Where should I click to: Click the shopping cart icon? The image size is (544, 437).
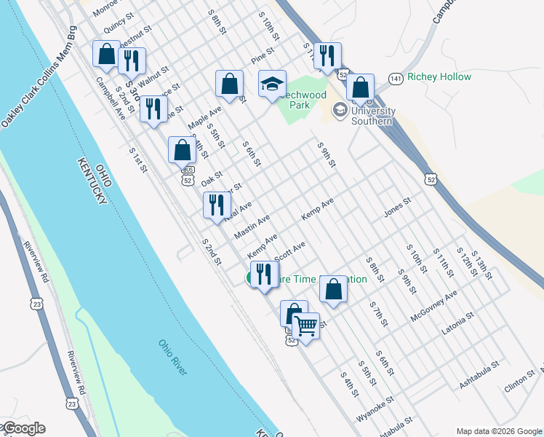(306, 326)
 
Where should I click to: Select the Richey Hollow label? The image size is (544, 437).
(439, 76)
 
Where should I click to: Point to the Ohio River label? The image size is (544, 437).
(172, 358)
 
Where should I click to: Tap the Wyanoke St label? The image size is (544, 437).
(375, 410)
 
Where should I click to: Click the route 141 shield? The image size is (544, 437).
(395, 77)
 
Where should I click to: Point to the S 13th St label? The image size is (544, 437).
(482, 265)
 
